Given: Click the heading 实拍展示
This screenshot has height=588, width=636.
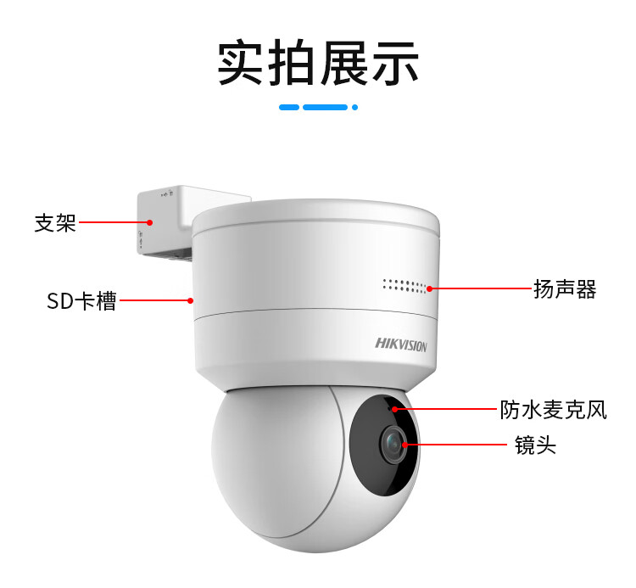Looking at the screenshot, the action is click(x=318, y=63).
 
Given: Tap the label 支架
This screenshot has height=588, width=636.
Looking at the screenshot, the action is click(x=55, y=223).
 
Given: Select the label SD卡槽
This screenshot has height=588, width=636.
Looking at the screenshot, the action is click(x=81, y=300).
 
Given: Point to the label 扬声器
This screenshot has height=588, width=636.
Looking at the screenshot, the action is click(x=565, y=289).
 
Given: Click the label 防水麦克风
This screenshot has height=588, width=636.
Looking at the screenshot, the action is click(x=553, y=409).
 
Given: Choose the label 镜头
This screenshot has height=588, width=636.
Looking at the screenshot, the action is click(x=535, y=445).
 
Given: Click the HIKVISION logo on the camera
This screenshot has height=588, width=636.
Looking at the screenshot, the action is click(x=401, y=344).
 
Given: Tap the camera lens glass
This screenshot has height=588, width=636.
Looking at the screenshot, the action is click(x=393, y=443).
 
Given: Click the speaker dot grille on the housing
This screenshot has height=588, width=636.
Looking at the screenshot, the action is click(x=404, y=286).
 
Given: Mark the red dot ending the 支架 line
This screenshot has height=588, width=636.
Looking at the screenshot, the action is click(x=149, y=222).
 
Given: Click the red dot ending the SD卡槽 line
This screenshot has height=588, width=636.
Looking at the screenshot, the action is click(x=190, y=300).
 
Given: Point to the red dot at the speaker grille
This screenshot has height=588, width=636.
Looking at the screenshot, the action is click(x=429, y=288).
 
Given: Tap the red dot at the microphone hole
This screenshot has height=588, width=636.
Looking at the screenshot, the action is click(x=394, y=409).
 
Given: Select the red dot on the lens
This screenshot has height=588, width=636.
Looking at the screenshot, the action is click(x=404, y=445).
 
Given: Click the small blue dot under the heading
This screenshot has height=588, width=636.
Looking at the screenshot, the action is click(x=355, y=107).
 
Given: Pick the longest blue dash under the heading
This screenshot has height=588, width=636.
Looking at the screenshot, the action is click(x=326, y=107).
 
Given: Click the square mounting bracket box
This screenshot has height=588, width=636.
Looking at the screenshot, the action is click(x=170, y=221).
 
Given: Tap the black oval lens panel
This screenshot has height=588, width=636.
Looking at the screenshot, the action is click(x=383, y=445).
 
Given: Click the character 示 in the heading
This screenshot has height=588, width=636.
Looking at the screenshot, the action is click(x=395, y=63).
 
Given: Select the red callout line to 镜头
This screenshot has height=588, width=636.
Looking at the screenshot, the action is click(x=456, y=445).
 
